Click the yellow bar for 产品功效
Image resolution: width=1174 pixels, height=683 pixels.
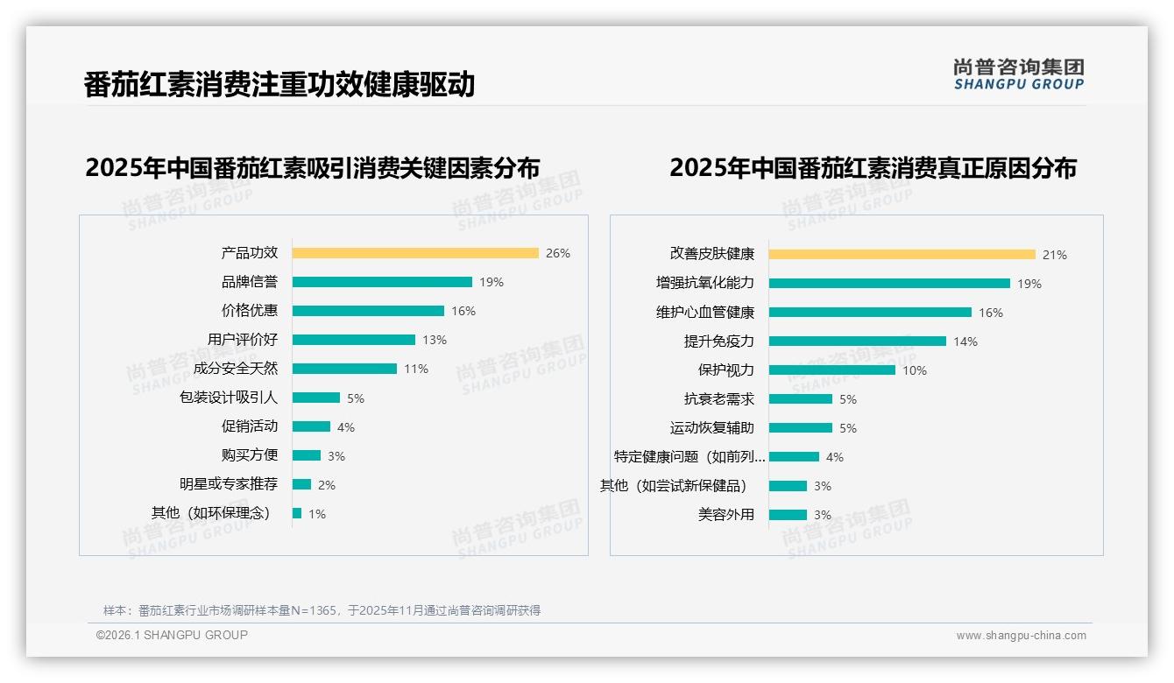(415, 253)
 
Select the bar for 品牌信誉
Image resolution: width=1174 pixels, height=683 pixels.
(382, 282)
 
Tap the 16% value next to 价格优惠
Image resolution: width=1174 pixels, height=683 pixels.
(463, 311)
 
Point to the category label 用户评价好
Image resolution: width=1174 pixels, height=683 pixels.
(243, 340)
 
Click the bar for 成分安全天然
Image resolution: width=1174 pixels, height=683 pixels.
(344, 369)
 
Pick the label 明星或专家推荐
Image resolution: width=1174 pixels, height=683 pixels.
(229, 484)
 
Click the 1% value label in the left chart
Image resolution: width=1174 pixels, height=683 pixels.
(316, 514)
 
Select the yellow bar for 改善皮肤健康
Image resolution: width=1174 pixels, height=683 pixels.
(902, 255)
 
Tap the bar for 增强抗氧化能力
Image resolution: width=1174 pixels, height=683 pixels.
(889, 284)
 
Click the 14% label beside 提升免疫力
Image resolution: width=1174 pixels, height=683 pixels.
(965, 341)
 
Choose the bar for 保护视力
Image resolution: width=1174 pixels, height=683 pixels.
(832, 370)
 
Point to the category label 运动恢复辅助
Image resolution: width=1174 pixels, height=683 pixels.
(712, 428)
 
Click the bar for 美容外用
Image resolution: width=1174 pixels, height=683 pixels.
(788, 515)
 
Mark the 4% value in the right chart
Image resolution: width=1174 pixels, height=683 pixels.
(835, 457)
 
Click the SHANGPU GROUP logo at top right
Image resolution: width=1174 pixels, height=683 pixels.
(1019, 74)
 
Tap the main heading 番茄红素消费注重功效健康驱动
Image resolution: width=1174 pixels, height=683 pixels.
(279, 85)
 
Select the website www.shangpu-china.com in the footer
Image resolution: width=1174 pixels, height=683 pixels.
(1021, 636)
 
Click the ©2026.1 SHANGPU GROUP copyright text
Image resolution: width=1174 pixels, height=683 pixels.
(172, 635)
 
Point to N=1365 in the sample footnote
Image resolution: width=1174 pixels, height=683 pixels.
(314, 610)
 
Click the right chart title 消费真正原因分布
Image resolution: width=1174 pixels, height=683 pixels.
(873, 167)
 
